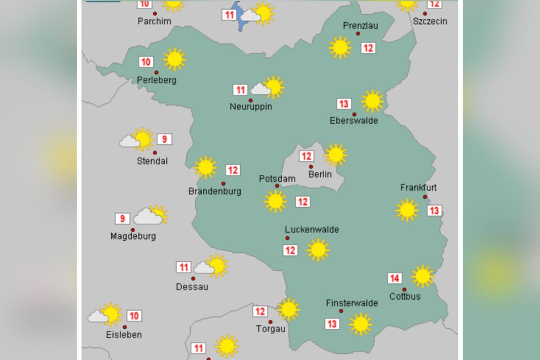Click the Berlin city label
pos(320,174)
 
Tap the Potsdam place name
pos(277,179)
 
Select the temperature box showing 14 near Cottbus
pos(395,278)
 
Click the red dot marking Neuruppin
pos(250,101)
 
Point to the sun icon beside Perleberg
pos(174,59)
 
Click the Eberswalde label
pos(353,120)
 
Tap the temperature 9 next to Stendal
pos(164,139)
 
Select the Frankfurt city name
pos(418,187)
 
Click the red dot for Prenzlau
pos(358,34)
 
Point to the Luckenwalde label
pos(312,229)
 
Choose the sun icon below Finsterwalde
pos(360,324)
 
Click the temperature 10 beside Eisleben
pos(135,316)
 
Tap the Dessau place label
pos(192,287)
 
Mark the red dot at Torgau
pos(270,322)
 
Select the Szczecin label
pos(430,21)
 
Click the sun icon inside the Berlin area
pos(335,154)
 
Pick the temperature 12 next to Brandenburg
pos(233,170)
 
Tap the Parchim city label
pos(154,22)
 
